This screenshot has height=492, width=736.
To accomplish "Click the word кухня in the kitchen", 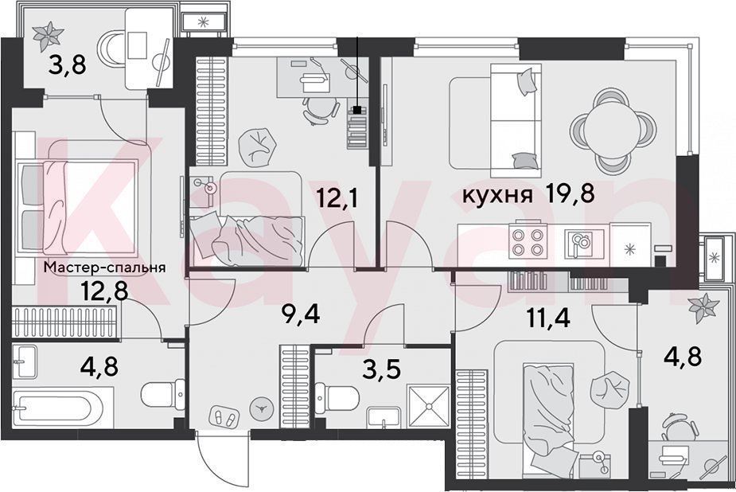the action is click(x=497, y=195).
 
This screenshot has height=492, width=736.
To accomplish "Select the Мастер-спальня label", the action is click(x=105, y=267).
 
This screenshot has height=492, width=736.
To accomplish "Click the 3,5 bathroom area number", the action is click(x=382, y=369).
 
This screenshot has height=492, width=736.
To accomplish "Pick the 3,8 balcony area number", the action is click(x=68, y=64).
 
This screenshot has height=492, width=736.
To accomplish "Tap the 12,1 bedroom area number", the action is click(x=337, y=197).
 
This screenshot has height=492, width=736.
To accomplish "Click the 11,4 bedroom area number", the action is click(x=548, y=318).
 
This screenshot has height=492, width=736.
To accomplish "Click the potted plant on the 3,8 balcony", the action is click(x=48, y=37).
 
